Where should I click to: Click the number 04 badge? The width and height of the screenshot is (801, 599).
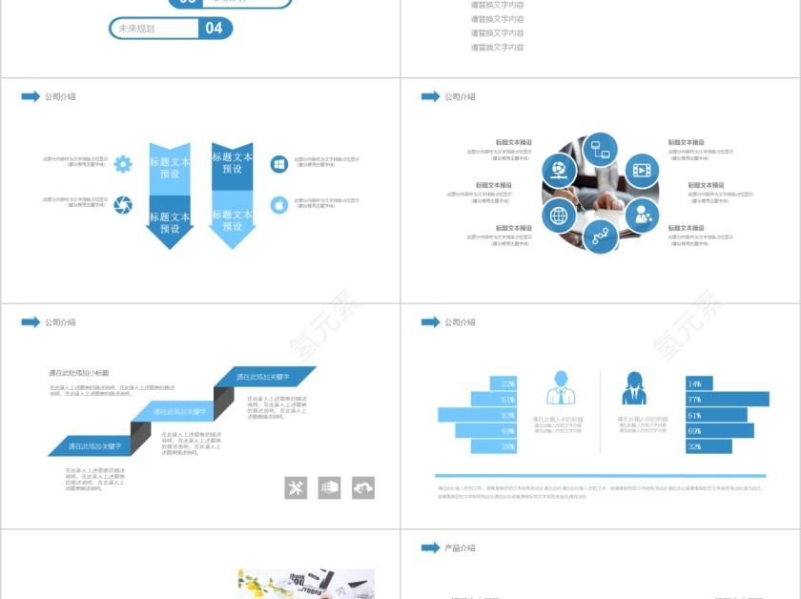(x=215, y=29)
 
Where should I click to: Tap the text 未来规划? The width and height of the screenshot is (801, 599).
(x=136, y=29)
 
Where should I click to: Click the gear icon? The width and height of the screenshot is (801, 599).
(x=123, y=164)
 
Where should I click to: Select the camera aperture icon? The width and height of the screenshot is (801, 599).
(x=123, y=205)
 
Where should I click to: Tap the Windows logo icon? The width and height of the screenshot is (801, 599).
(x=279, y=165)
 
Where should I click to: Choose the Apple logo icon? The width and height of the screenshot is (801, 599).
(x=279, y=205)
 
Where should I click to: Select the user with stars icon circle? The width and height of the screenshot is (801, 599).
(x=643, y=216)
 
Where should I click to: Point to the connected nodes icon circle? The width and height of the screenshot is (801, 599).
(x=601, y=236)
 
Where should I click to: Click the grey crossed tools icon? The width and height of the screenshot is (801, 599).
(x=296, y=487)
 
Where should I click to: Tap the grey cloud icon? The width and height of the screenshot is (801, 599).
(x=363, y=487)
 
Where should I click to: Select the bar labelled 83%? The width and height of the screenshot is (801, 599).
(x=477, y=415)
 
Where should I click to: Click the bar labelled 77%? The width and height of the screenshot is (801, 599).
(x=727, y=399)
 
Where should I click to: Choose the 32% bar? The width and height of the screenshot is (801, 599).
(x=708, y=446)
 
